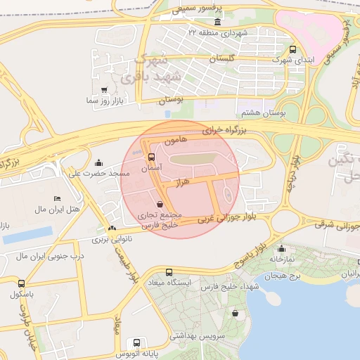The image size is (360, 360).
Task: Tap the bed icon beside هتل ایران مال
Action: click(x=57, y=199)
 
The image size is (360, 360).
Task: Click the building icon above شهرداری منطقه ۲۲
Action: click(x=191, y=32)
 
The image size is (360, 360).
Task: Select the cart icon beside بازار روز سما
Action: click(x=104, y=90)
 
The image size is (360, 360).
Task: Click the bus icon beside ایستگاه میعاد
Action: click(x=169, y=272)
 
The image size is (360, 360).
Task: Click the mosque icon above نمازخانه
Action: click(x=281, y=248)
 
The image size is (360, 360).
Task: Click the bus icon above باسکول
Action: click(x=20, y=283)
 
